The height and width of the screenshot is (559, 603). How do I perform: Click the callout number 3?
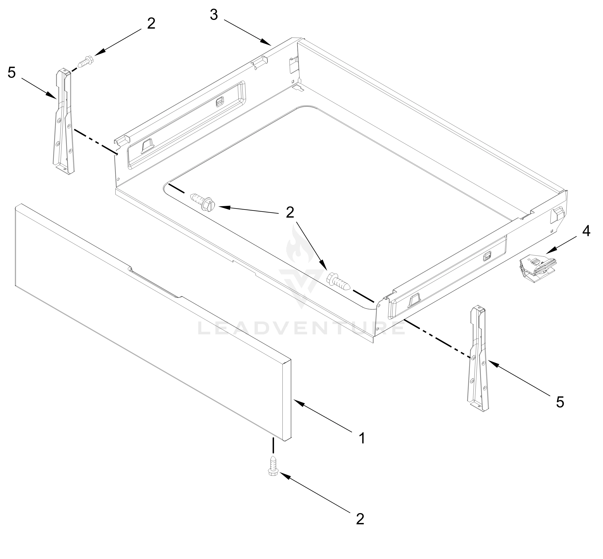pos(214,15)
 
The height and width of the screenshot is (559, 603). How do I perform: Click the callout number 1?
pos(362,438)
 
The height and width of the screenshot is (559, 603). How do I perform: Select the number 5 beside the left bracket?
pos(11,73)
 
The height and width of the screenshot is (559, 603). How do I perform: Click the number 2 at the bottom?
pos(360,519)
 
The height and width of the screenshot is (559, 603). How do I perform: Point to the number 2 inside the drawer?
pos(290,213)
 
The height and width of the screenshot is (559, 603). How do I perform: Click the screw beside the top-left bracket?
pos(86,61)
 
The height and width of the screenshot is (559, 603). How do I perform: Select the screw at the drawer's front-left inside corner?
pos(202,201)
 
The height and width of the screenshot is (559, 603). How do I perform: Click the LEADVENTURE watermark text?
pos(301,328)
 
